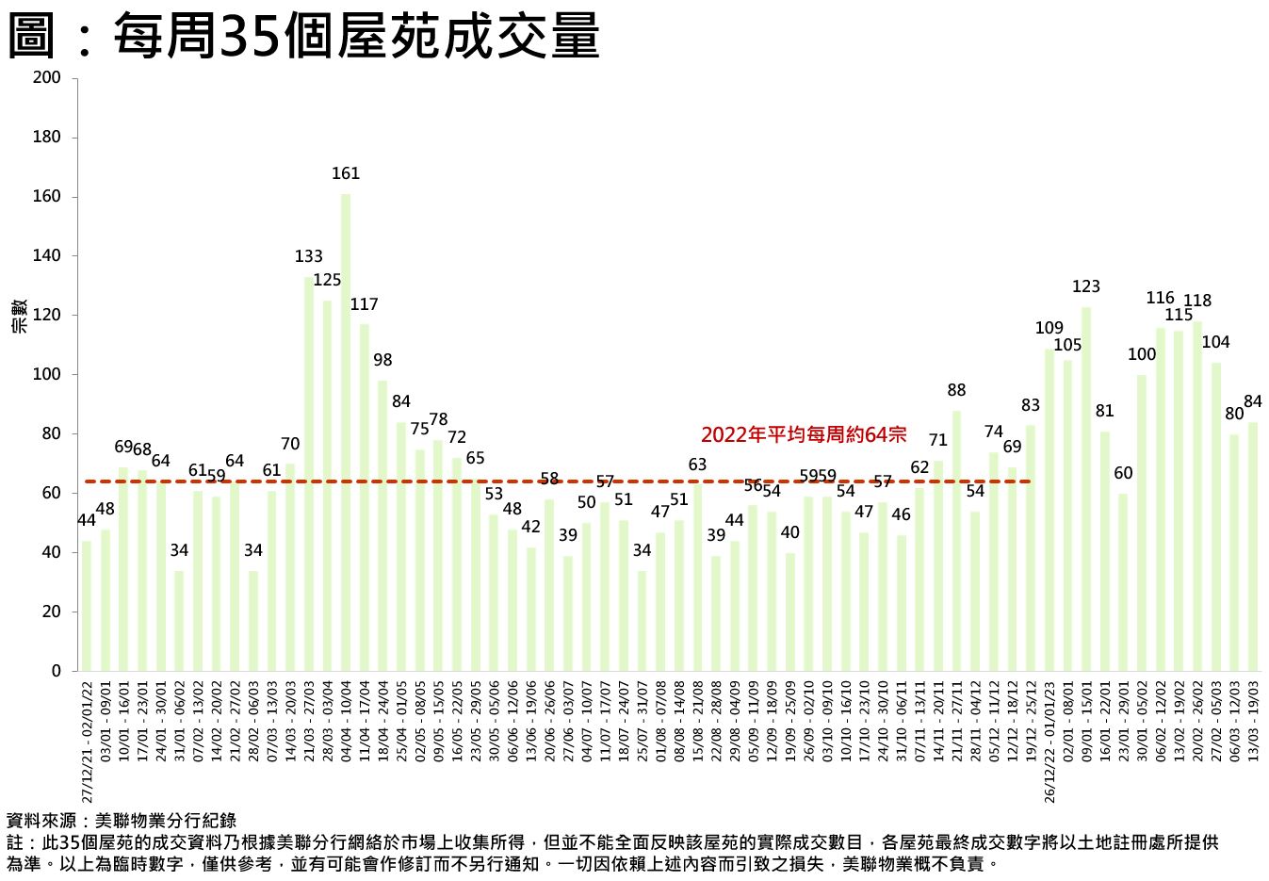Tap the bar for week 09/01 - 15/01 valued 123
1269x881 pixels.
[1086, 489]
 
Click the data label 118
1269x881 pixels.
[1197, 302]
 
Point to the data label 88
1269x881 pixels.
[956, 391]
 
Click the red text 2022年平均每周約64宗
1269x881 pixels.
[803, 435]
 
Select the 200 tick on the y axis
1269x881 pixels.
[47, 78]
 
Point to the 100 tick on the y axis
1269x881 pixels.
[47, 375]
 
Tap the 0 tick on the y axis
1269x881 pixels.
[57, 672]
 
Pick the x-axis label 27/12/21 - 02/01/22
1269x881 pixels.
[88, 740]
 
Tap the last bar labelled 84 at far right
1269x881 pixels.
[1253, 547]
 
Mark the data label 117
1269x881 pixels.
[364, 305]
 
